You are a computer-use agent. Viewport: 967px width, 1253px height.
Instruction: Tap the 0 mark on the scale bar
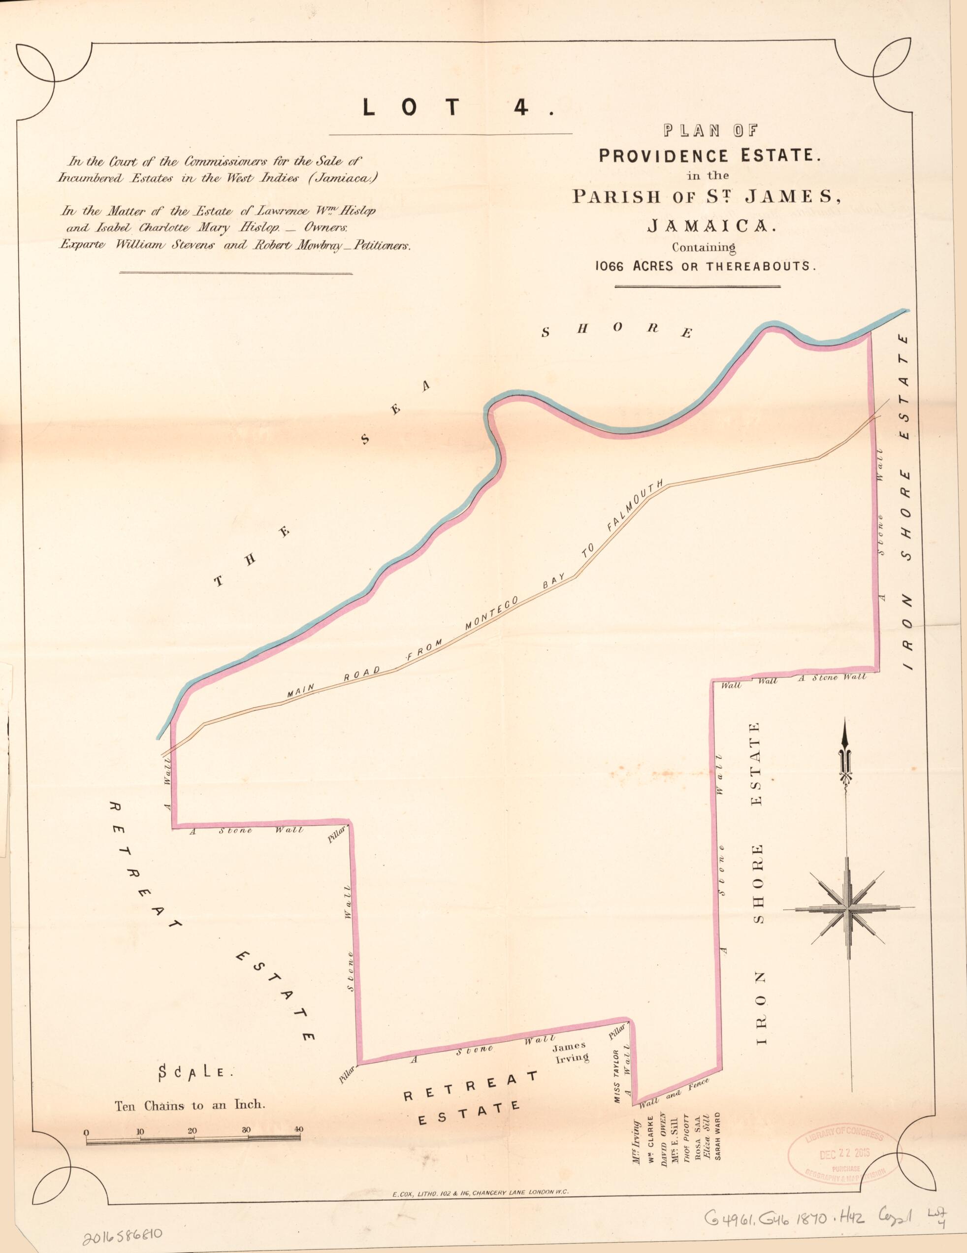[86, 1132]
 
